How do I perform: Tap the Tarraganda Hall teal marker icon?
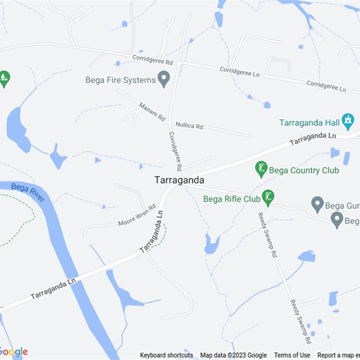(x=347, y=121)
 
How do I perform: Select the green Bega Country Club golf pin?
(x=261, y=169)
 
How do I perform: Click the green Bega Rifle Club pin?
(x=268, y=197)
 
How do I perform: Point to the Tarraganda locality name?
(x=179, y=180)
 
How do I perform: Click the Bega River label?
(x=28, y=192)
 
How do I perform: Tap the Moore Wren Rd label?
(x=137, y=216)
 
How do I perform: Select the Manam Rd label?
(x=152, y=112)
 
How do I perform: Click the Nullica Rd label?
(x=189, y=125)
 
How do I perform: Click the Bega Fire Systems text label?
(x=121, y=80)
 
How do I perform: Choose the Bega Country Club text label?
(x=304, y=171)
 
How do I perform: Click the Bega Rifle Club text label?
(x=232, y=199)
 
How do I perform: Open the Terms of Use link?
(x=292, y=355)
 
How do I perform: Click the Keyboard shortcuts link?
(x=166, y=355)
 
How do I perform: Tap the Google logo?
(x=13, y=352)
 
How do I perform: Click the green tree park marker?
(x=4, y=79)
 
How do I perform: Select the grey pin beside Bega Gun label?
(x=318, y=205)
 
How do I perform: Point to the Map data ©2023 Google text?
(x=234, y=355)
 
